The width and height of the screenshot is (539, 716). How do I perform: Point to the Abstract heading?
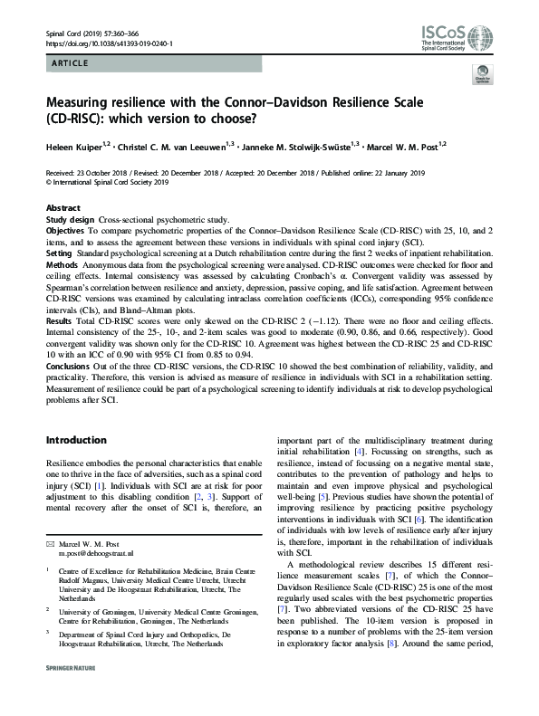coord(63,208)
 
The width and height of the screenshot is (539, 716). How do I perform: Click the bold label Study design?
coord(71,220)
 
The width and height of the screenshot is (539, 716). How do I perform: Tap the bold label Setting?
coord(59,255)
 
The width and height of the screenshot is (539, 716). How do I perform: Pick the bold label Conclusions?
coord(69,366)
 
